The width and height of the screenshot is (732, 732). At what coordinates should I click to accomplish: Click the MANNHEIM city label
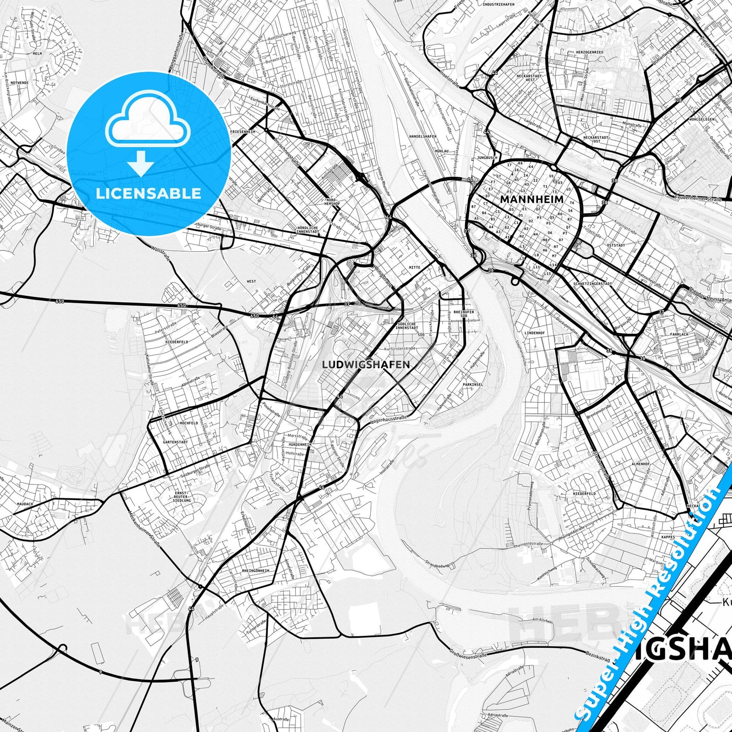click(531, 200)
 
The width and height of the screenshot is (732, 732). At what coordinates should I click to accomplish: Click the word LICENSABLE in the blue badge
click(148, 193)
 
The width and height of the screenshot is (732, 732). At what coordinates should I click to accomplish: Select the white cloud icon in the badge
click(147, 122)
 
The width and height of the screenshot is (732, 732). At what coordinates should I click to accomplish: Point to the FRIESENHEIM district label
click(243, 132)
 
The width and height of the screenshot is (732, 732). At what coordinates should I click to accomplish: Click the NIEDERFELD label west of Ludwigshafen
click(176, 342)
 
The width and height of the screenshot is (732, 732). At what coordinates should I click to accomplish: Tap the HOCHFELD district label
click(188, 423)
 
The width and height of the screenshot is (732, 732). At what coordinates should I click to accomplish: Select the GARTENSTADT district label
click(175, 442)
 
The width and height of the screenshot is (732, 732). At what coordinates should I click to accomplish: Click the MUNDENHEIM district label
click(300, 444)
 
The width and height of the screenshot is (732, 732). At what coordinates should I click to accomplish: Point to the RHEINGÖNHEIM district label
click(256, 570)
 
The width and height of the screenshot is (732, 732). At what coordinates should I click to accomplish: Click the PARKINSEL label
click(472, 384)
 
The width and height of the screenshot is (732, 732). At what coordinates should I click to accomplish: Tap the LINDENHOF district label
click(534, 333)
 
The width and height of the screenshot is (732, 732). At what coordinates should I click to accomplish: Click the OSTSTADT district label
click(615, 245)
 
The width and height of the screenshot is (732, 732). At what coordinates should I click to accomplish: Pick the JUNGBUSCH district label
click(487, 158)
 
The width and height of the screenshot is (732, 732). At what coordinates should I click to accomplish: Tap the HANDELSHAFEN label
click(422, 136)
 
